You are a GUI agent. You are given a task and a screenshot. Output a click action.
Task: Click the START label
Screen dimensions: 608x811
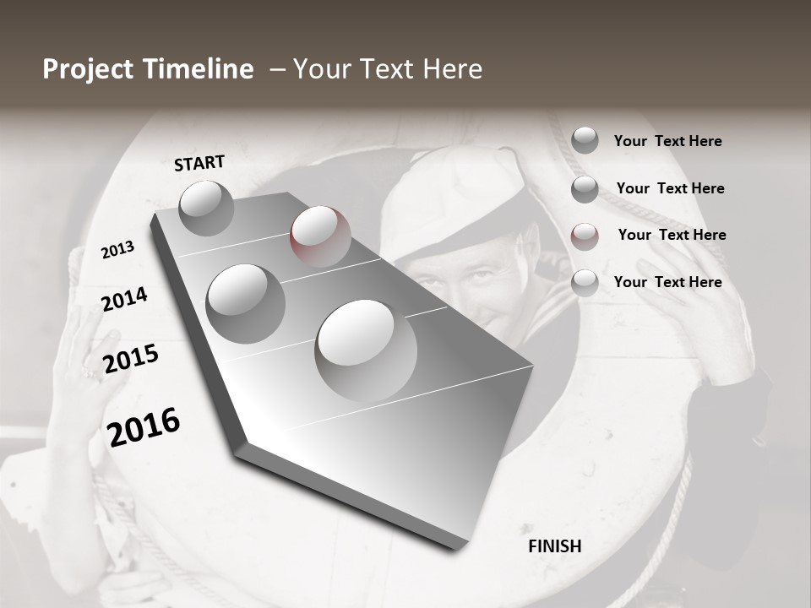click(x=199, y=163)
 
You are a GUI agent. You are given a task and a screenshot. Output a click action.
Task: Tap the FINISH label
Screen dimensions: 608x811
click(x=555, y=546)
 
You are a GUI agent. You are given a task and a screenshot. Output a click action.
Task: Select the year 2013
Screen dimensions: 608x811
click(x=118, y=250)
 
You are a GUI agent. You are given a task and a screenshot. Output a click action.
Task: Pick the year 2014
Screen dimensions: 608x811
click(x=125, y=300)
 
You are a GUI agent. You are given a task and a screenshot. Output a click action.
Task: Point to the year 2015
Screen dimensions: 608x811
click(x=131, y=360)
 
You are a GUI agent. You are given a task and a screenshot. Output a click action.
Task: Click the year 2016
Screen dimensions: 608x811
click(x=144, y=427)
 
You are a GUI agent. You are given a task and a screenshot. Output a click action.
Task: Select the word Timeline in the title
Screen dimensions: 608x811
click(x=201, y=69)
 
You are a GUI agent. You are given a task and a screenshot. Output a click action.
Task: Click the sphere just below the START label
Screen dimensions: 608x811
click(x=206, y=207)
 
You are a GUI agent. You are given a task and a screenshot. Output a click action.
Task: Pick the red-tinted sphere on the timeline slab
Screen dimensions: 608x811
click(x=320, y=236)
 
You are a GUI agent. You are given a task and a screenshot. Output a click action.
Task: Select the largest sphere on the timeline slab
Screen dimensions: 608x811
click(x=366, y=350)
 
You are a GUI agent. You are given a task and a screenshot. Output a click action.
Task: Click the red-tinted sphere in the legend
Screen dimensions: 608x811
click(x=585, y=236)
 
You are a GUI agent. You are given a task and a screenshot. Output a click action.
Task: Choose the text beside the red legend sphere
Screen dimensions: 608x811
click(x=672, y=235)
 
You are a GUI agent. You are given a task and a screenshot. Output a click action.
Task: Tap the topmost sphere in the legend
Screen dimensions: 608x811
click(x=585, y=140)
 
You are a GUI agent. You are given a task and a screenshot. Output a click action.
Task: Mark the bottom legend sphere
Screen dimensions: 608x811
click(x=585, y=284)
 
